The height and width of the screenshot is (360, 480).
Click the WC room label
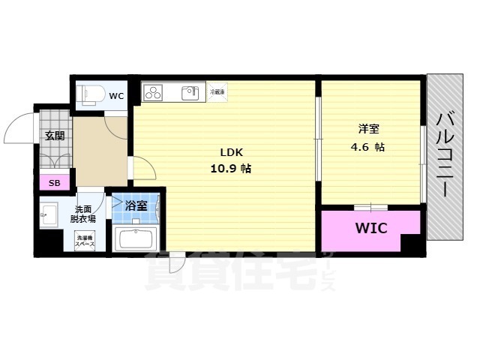pyautogui.click(x=116, y=96)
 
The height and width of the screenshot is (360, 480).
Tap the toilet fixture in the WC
pyautogui.click(x=91, y=94)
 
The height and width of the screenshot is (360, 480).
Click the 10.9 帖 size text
pyautogui.click(x=230, y=169)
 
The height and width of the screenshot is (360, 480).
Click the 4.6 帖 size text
pyautogui.click(x=368, y=147)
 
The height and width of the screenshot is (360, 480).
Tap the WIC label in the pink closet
pyautogui.click(x=370, y=228)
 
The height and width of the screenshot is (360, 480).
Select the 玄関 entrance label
pyautogui.click(x=54, y=136)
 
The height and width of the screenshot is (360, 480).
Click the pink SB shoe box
pyautogui.click(x=54, y=182)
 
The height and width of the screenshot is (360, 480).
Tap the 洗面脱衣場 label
pyautogui.click(x=82, y=214)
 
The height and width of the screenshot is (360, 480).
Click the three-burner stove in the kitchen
pyautogui.click(x=154, y=94)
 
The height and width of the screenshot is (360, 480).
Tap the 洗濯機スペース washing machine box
pyautogui.click(x=84, y=241)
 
